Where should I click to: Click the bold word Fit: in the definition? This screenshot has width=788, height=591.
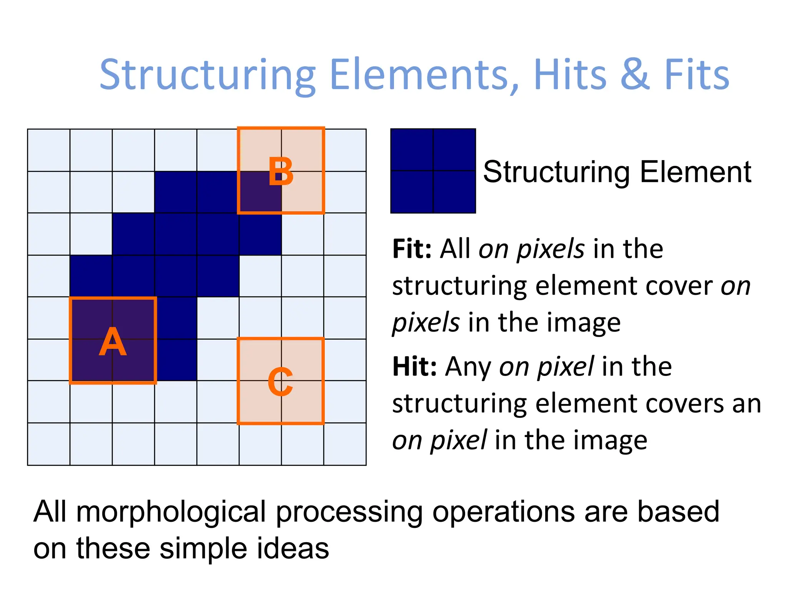[x=412, y=249]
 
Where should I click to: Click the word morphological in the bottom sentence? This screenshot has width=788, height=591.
[x=171, y=513]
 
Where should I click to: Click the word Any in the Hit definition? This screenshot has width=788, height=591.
[x=468, y=366]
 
